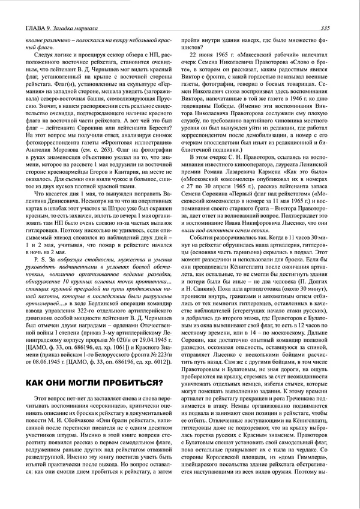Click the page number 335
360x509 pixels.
(325, 27)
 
